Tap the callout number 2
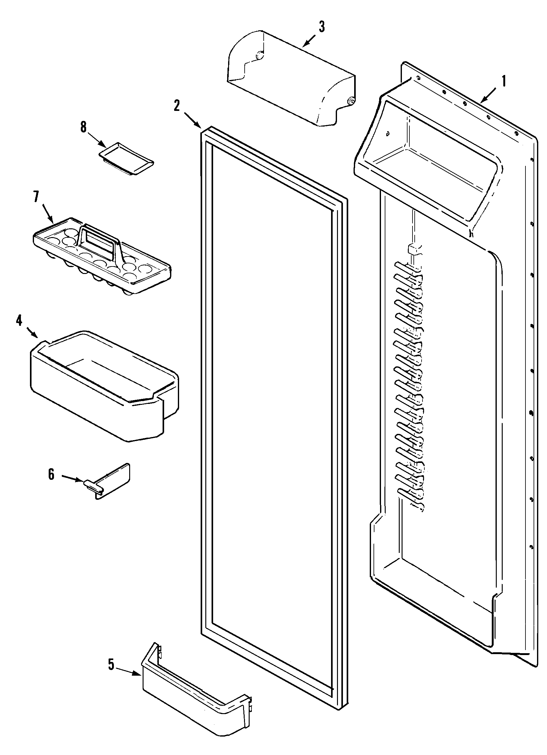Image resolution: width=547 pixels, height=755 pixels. click(177, 106)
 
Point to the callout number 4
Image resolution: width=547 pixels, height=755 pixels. click(19, 320)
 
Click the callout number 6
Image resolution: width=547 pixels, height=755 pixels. click(51, 474)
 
